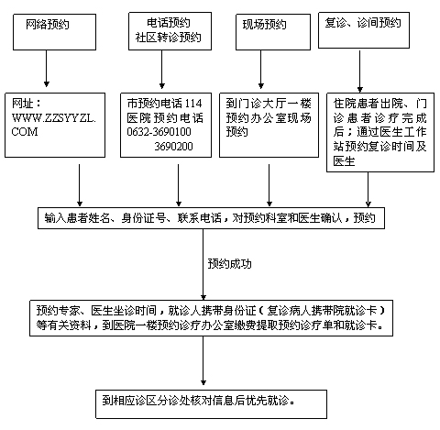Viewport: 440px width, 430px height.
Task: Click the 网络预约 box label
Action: pos(48,24)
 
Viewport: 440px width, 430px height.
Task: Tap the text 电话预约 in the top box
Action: pos(169,23)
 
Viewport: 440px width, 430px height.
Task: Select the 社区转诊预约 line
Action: pos(169,38)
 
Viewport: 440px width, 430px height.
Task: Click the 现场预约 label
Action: pos(265,25)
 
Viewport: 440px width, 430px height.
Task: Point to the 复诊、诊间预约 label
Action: pos(363,23)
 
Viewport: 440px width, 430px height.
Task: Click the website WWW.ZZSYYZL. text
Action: pos(54,118)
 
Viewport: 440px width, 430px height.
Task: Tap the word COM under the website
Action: pos(25,132)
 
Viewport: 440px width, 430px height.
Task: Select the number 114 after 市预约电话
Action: pos(193,104)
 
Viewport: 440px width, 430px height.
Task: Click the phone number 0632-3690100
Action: pos(159,132)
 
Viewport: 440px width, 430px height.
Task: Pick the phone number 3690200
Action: pos(173,147)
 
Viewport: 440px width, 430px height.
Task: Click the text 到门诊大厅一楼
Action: pos(269,104)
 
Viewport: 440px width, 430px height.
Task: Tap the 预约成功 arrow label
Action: pos(229,264)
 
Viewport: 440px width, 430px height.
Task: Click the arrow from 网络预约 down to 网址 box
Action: pos(47,69)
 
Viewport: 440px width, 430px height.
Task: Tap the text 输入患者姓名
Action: pos(77,218)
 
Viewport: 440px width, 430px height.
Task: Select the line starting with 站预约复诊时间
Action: pos(379,147)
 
